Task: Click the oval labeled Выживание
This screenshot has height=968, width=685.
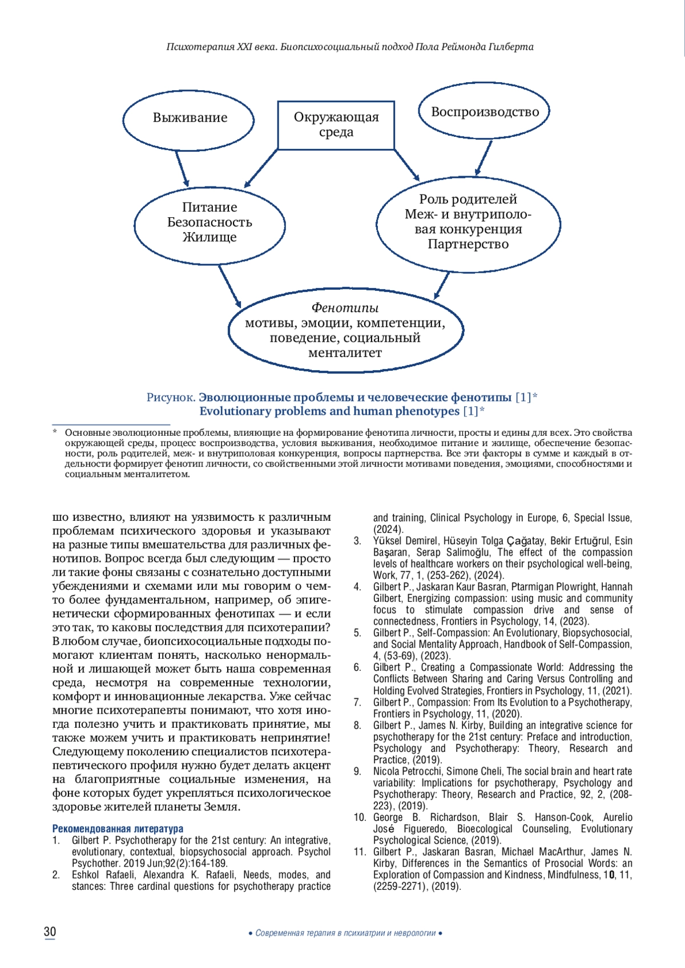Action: tap(189, 118)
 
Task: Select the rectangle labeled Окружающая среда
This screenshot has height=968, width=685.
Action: tap(336, 125)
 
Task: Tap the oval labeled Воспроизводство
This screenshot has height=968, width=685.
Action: tap(485, 112)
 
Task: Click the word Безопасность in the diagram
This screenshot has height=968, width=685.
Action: tap(209, 222)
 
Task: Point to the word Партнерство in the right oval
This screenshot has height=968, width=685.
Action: tap(468, 244)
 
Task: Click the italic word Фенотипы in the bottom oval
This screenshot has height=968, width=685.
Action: tap(345, 308)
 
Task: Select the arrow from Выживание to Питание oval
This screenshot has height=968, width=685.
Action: tap(182, 168)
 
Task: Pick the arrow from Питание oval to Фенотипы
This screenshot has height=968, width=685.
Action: tap(229, 286)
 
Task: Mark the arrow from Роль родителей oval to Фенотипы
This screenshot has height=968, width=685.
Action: tap(442, 286)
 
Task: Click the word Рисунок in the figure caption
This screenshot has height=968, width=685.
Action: tap(171, 397)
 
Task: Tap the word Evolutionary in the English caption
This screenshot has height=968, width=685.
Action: tap(235, 411)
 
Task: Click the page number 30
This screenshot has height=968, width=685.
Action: tap(50, 931)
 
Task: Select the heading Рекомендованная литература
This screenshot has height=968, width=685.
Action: tap(118, 828)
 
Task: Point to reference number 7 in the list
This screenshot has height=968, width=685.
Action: tap(357, 702)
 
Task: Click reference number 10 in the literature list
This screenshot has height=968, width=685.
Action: tap(360, 817)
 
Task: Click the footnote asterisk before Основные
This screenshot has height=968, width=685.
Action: tap(55, 432)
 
